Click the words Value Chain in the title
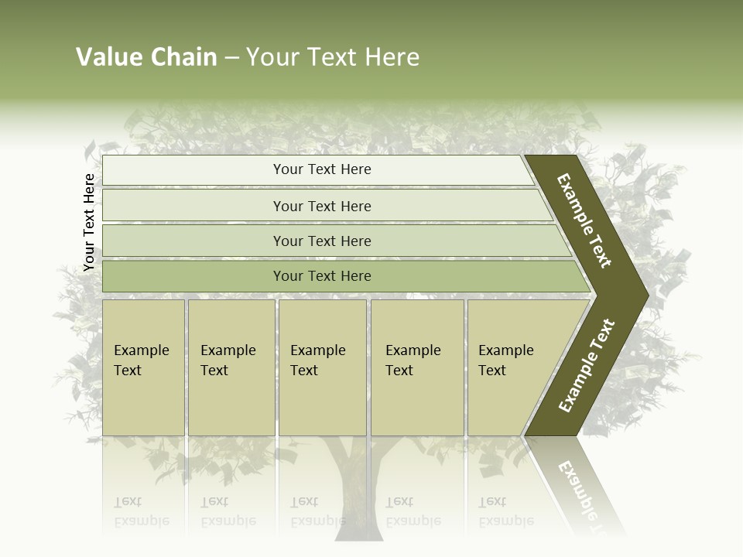click(x=146, y=57)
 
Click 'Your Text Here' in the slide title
click(x=333, y=57)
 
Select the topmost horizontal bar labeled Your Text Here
click(x=322, y=169)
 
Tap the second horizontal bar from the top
click(x=322, y=206)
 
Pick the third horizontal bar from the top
click(x=322, y=241)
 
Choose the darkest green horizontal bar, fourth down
click(x=322, y=276)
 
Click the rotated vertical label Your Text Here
click(x=89, y=223)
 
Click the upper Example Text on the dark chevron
click(x=584, y=220)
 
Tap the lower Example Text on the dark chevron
click(x=587, y=366)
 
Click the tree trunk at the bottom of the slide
click(x=359, y=487)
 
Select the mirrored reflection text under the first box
click(x=141, y=511)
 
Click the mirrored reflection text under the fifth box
click(x=505, y=511)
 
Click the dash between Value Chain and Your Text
click(x=231, y=58)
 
